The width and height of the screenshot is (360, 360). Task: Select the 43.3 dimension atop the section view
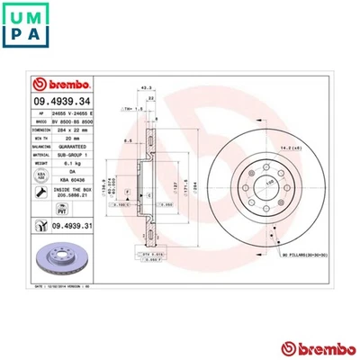tap(143, 86)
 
